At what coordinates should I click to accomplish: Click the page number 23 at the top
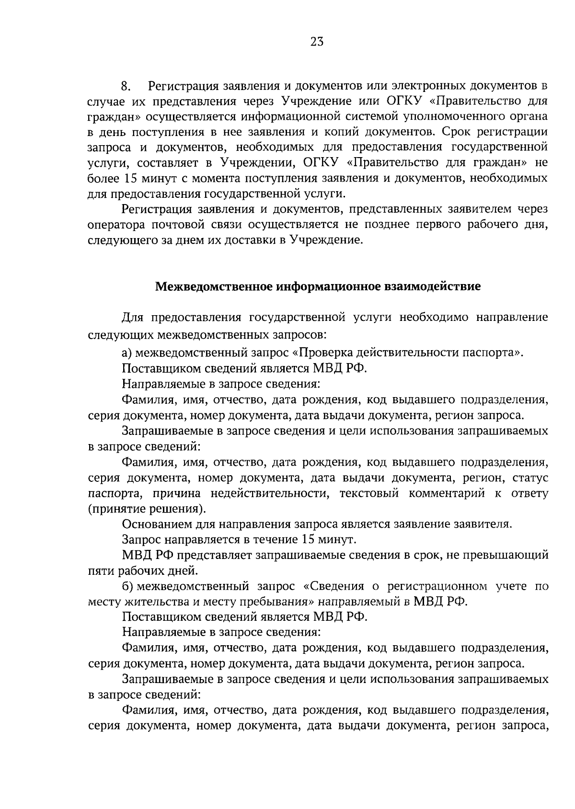[x=317, y=42]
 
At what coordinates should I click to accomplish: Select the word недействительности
[x=269, y=493]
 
